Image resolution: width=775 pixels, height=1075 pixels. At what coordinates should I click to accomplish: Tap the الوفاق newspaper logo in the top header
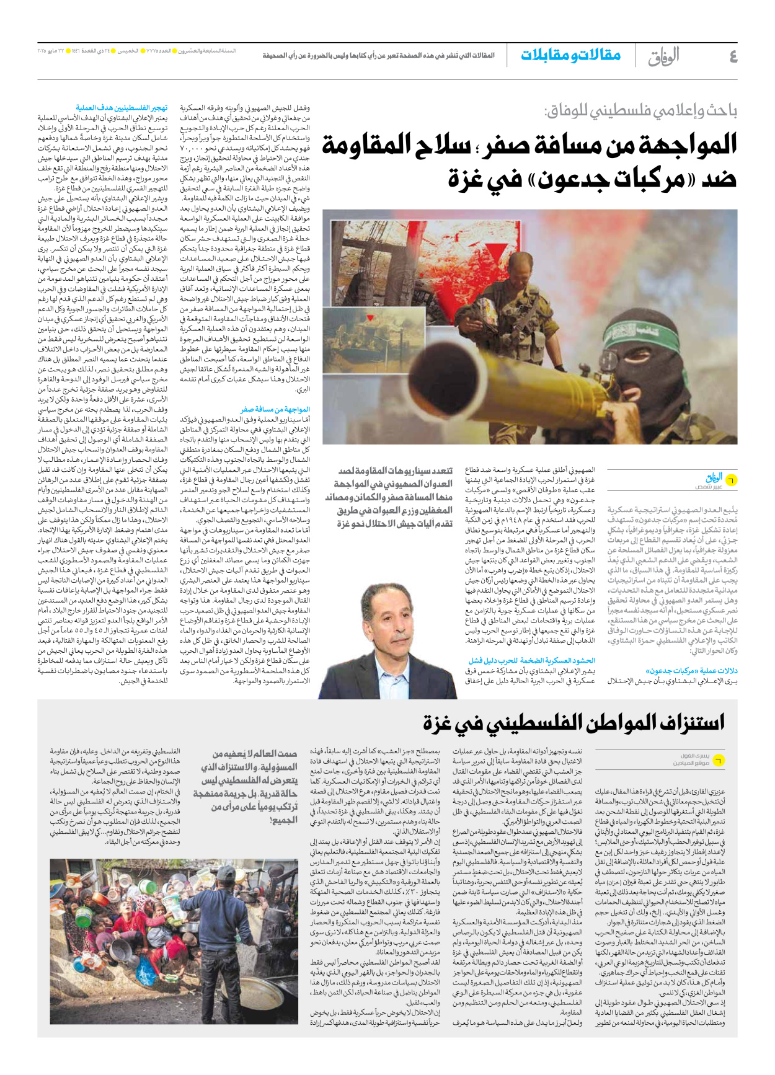pyautogui.click(x=663, y=56)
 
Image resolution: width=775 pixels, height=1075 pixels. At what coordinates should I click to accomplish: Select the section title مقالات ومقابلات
pyautogui.click(x=570, y=55)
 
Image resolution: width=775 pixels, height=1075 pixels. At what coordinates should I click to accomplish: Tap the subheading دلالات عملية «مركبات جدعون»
pyautogui.click(x=691, y=671)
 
